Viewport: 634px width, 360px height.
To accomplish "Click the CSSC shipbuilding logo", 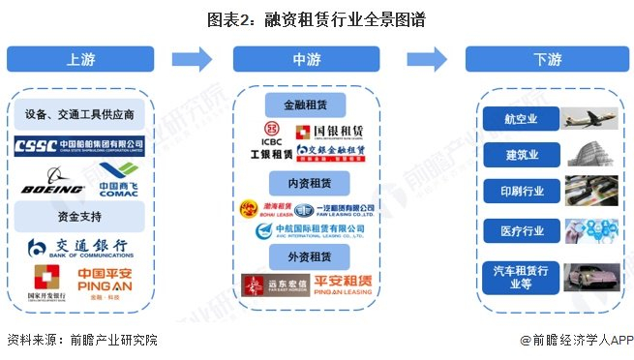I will [79, 148].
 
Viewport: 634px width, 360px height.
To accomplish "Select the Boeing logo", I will [51, 182].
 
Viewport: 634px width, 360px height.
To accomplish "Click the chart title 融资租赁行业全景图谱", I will [316, 18].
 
